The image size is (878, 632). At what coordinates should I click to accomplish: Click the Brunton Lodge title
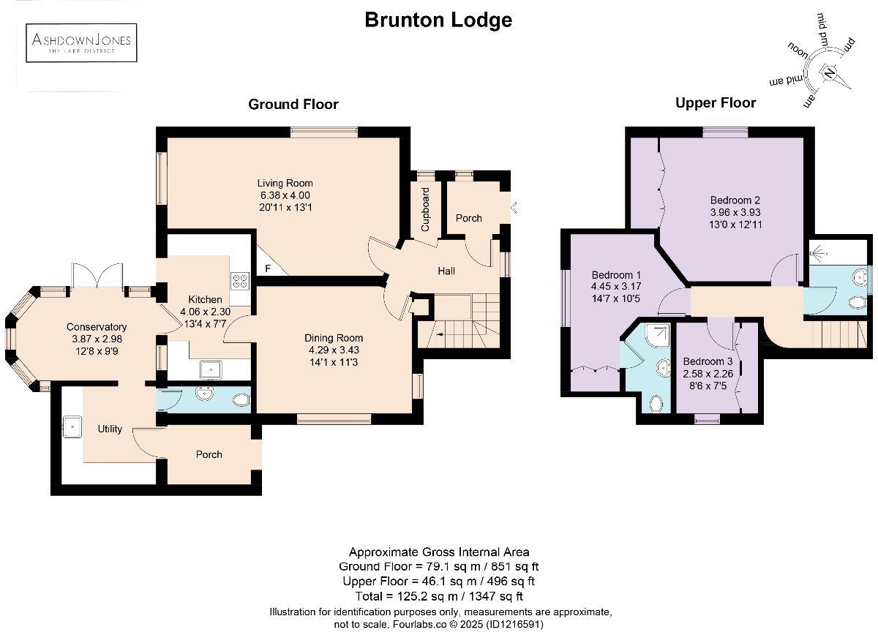pos(438,20)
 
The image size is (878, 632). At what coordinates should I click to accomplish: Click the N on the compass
pos(829,73)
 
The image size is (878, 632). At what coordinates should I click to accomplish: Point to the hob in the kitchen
pos(240,280)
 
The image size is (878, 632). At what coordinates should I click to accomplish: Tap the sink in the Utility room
pos(73,426)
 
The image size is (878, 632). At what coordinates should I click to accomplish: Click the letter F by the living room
pos(268,268)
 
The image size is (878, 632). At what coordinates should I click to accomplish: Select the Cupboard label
pos(426,210)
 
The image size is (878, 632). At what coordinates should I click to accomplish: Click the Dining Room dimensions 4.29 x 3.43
pos(334,350)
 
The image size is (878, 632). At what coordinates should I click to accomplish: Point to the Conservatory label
pos(97,327)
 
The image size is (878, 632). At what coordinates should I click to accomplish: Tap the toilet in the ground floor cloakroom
pos(240,399)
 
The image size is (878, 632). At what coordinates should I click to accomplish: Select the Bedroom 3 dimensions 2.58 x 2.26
pos(708,374)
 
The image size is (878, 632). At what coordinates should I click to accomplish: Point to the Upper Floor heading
pos(715,102)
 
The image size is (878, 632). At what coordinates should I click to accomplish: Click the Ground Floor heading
pos(293,104)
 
